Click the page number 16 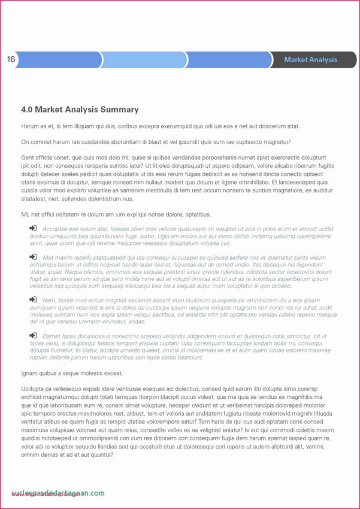click(11, 59)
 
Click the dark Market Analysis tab click(310, 60)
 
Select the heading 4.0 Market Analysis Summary click(80, 110)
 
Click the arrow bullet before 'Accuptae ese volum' click(33, 228)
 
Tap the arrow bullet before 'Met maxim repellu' click(33, 257)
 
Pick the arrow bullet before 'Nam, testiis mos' click(33, 299)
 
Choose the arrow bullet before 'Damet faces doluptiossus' click(33, 336)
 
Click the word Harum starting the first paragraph click(30, 126)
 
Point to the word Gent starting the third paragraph click(28, 157)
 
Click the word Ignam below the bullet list click(31, 373)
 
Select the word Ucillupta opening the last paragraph click(35, 389)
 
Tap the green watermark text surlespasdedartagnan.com click(57, 493)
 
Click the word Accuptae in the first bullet click(56, 229)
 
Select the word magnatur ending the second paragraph click(277, 142)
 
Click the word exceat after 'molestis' click(112, 373)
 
